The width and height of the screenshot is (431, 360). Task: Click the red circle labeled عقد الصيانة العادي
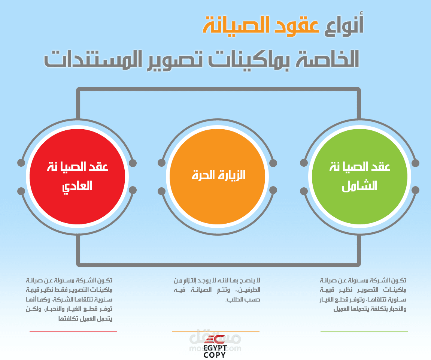point(77,176)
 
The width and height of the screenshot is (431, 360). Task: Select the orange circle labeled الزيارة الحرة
point(217,176)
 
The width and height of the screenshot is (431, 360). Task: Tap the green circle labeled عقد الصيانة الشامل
point(359,176)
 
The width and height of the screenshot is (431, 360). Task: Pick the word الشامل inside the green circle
point(359,186)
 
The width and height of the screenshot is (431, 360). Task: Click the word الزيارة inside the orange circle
point(231,175)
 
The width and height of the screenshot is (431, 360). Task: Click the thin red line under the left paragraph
point(73,332)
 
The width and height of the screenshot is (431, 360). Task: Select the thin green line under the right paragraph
point(364,332)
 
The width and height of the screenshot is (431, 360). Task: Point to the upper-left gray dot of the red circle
point(21,163)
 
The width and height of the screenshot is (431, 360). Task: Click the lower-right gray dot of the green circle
point(415,190)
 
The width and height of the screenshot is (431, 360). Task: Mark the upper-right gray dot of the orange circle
point(273,163)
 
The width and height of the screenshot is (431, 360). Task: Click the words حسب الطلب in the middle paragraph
point(243,299)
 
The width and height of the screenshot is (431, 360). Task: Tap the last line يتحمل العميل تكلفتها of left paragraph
point(85,318)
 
